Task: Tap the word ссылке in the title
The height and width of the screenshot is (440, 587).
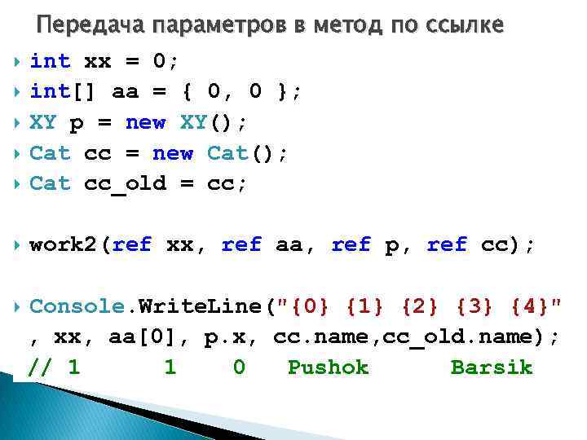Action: pos(466,25)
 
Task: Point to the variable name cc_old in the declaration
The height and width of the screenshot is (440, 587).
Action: pos(126,183)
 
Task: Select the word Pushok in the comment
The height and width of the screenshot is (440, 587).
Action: pos(329,367)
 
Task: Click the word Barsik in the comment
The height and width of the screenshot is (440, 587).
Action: pos(492,367)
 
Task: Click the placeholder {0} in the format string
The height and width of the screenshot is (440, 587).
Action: pos(311,306)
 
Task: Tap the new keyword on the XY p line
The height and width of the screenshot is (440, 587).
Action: pos(146,123)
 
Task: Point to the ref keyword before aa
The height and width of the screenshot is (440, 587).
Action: pos(241,244)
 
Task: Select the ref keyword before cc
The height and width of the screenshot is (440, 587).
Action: pos(448,244)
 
